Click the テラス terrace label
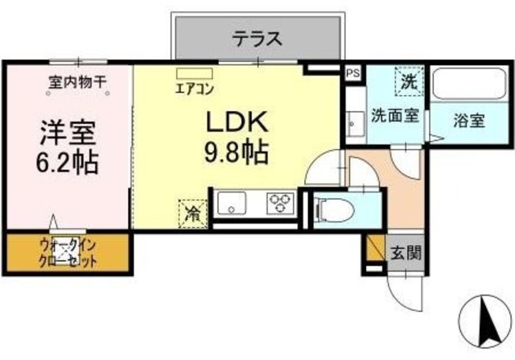click(x=257, y=37)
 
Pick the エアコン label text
click(x=195, y=88)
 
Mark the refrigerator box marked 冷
click(x=193, y=213)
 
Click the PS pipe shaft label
click(x=352, y=72)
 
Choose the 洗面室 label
click(x=393, y=115)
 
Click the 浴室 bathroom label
click(x=468, y=121)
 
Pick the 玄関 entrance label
click(x=405, y=252)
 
